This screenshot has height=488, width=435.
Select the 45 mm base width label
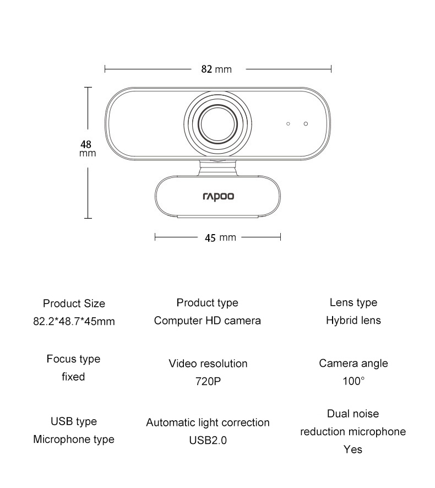click(x=220, y=237)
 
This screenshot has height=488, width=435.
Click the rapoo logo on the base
click(x=219, y=196)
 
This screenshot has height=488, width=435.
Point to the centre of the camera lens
click(x=219, y=123)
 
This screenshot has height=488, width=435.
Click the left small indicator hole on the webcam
click(x=288, y=123)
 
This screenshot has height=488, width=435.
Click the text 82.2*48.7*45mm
click(x=74, y=321)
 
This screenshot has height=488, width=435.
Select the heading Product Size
click(x=74, y=303)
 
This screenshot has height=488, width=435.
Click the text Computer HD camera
click(x=208, y=321)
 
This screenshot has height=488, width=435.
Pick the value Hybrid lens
click(x=353, y=320)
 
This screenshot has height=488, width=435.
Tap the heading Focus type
click(x=73, y=359)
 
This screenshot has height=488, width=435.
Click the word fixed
click(x=73, y=377)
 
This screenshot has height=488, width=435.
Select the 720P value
click(x=208, y=381)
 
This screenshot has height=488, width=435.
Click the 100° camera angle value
click(x=353, y=381)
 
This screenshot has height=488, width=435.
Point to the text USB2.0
click(x=208, y=440)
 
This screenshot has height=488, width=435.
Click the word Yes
click(x=353, y=449)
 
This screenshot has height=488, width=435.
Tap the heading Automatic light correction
click(x=208, y=422)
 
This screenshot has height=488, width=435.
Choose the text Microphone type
click(x=74, y=439)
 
